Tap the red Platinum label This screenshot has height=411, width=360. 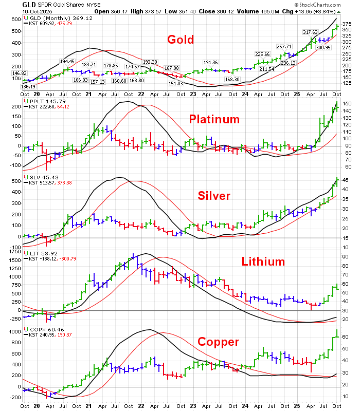click(214, 120)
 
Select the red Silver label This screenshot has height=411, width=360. click(214, 196)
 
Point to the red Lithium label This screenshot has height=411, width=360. click(263, 261)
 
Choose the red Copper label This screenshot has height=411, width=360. click(219, 342)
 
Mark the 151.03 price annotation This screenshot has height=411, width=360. click(176, 83)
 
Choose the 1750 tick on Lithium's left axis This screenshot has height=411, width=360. click(12, 253)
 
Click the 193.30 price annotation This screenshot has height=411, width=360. click(150, 61)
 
